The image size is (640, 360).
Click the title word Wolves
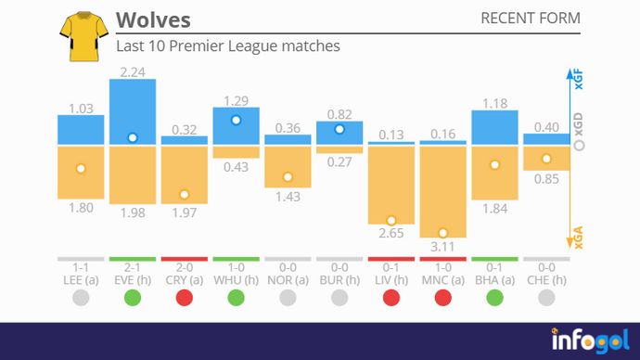point(153,20)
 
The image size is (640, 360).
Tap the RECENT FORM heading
point(531,19)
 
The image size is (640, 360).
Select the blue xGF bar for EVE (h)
point(133,111)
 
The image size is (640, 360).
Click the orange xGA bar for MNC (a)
point(442,190)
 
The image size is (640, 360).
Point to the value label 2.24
point(133,71)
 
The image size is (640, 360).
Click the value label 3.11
point(442,248)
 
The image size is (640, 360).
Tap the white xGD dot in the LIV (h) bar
point(391,220)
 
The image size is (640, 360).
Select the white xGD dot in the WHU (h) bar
point(237,120)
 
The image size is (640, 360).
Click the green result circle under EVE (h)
point(133,298)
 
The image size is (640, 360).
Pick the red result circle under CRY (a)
point(185,298)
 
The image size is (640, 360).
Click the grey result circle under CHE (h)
point(546,298)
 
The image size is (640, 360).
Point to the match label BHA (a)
point(494,279)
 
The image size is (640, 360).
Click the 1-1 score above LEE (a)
point(81,266)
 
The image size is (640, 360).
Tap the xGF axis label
point(579,80)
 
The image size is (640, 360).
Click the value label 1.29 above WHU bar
point(237,99)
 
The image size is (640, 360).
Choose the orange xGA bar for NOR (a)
point(288,166)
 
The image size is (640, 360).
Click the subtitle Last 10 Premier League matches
point(227,45)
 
